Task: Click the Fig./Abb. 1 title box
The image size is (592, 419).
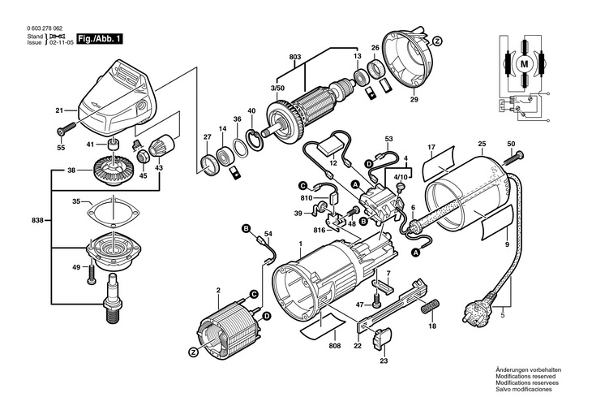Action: pos(100,39)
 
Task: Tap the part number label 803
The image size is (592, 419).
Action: pos(295,57)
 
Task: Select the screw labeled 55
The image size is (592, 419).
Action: pos(66,128)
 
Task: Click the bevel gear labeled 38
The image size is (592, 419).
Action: pos(113,171)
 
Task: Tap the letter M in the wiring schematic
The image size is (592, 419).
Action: pos(524,64)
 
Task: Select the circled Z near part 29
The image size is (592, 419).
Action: pos(437,41)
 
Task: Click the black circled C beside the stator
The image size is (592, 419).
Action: pos(254,294)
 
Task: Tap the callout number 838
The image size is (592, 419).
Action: pos(38,220)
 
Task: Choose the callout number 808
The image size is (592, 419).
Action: pos(334,346)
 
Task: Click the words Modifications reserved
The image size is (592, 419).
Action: pos(526,377)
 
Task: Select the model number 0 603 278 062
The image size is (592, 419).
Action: pos(45,28)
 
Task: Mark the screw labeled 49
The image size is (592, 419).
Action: pos(91,273)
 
